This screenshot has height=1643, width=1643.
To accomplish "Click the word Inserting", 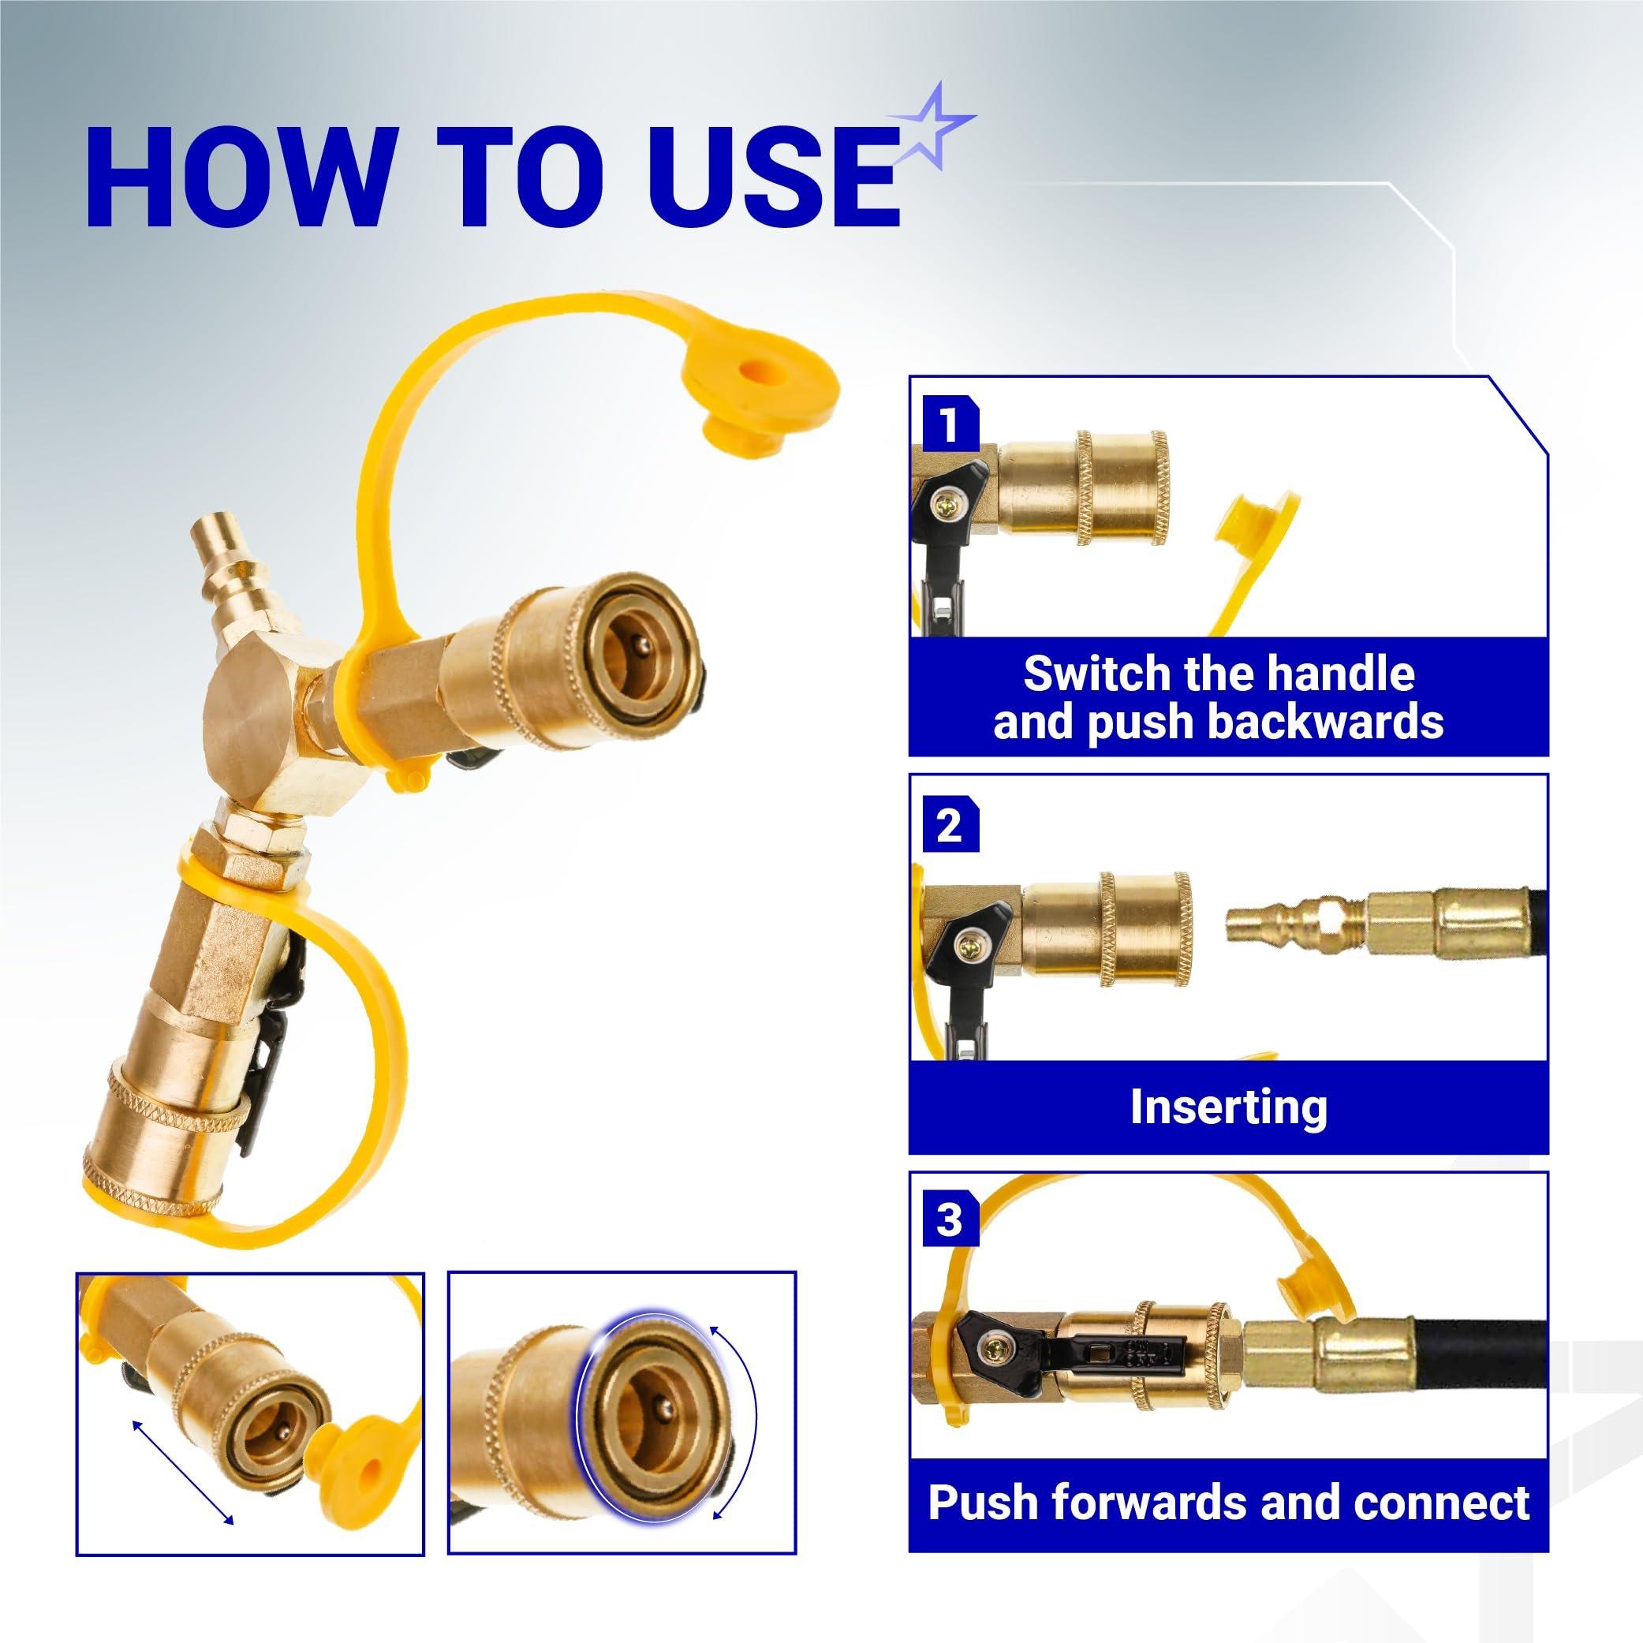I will click(x=1228, y=1107).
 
